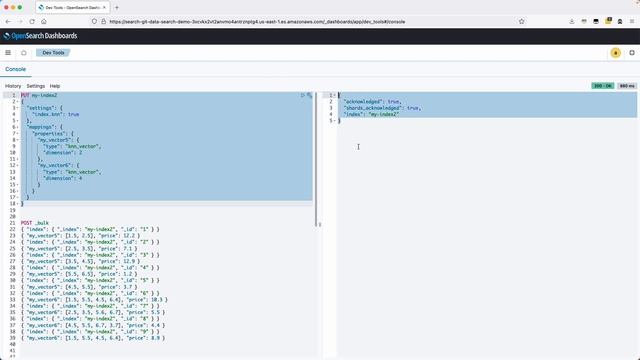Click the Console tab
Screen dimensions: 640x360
[16, 69]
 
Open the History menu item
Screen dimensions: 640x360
[13, 86]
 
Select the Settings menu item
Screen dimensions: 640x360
[36, 86]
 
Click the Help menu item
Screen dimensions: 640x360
[55, 86]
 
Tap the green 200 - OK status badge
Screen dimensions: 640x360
[601, 86]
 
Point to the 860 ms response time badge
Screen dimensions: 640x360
[627, 86]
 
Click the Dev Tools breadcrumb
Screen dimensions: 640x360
[52, 52]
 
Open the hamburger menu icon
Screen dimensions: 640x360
[8, 52]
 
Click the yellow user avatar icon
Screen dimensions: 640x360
[616, 52]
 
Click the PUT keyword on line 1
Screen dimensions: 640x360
[25, 95]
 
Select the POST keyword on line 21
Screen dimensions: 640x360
[27, 223]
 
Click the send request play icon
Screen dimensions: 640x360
[303, 95]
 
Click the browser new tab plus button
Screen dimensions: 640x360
[117, 7]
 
